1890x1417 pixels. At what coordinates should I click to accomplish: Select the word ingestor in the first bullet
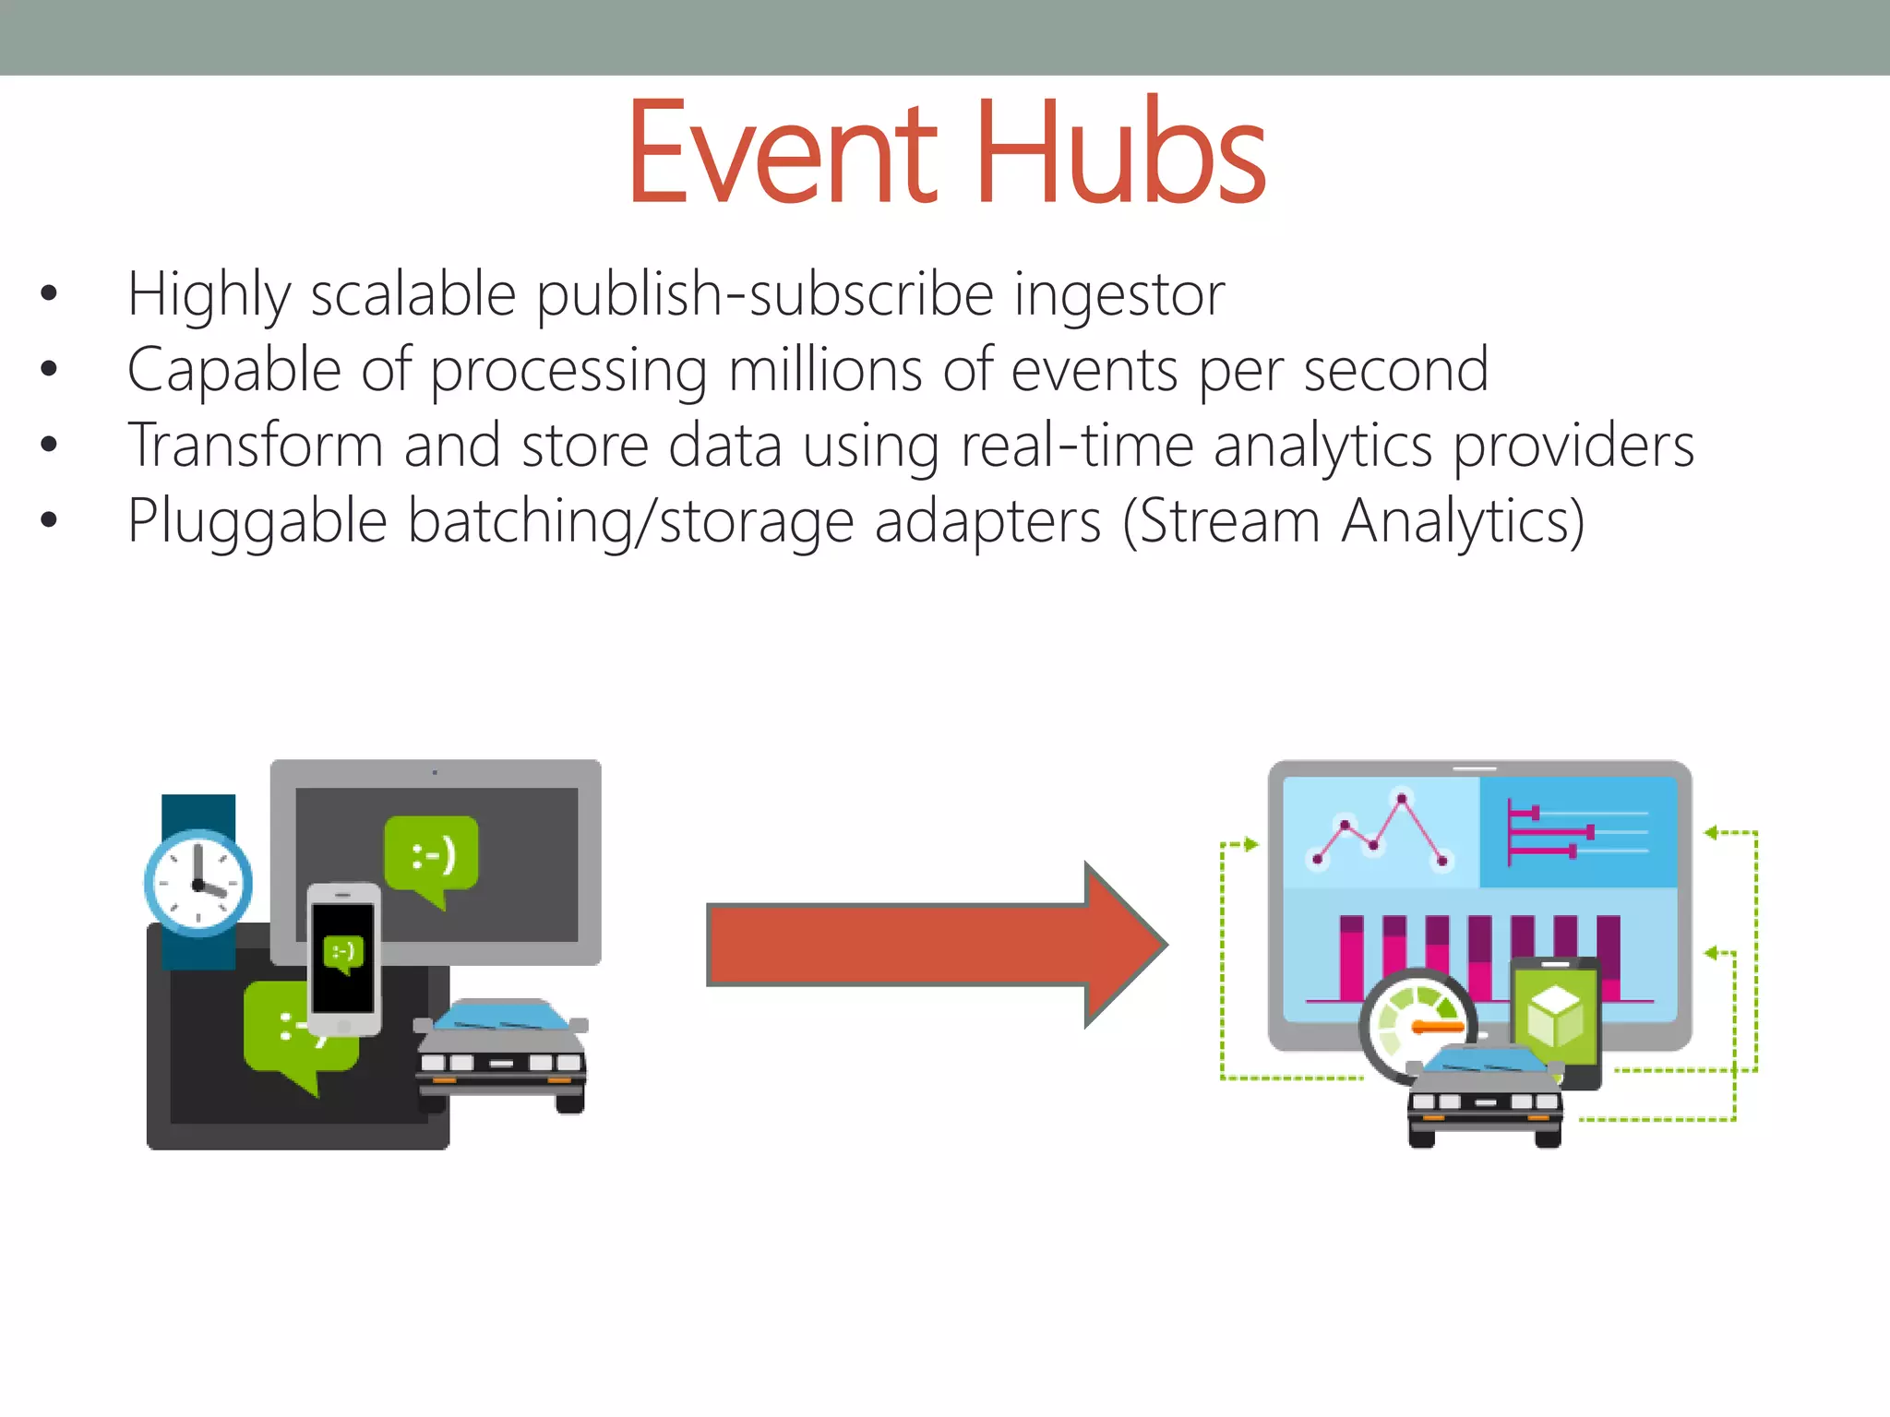[1118, 295]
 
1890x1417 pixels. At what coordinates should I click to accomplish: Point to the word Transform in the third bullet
[255, 446]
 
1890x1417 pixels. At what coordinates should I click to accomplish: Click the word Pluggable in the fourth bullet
[257, 522]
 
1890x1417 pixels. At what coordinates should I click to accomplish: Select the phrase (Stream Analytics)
[1354, 522]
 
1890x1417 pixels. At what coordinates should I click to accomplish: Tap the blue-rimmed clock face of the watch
[197, 883]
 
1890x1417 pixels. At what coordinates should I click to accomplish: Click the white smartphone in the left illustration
[343, 959]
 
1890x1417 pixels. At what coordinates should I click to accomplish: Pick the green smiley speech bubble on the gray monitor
[431, 856]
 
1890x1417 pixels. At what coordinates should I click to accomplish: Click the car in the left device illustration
[501, 1054]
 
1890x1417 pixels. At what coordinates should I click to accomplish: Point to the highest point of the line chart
[1402, 798]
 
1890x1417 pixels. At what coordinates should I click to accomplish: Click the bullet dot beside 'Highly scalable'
[49, 294]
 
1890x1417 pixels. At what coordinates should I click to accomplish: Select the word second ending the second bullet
[1395, 370]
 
